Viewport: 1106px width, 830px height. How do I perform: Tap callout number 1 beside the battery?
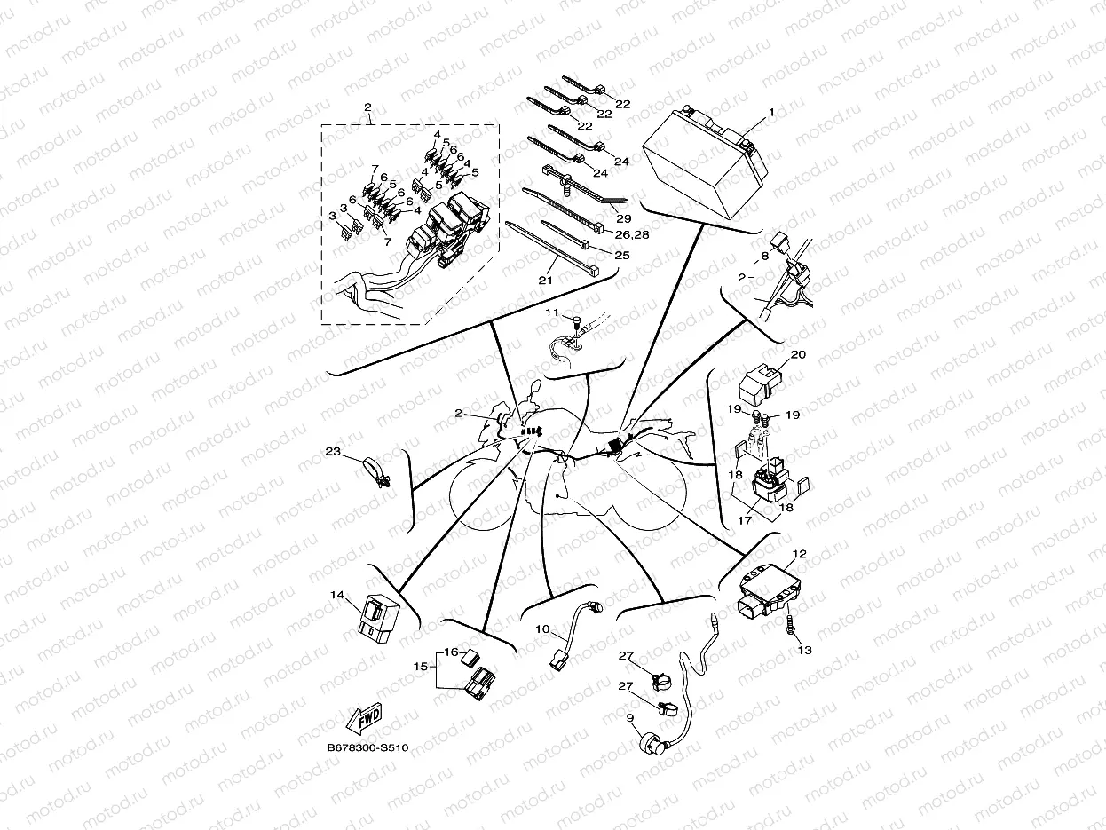[771, 113]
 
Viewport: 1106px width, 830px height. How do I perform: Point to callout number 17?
[745, 520]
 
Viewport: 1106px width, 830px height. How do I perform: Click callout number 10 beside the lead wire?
[541, 628]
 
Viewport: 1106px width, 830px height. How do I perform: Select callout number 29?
[622, 217]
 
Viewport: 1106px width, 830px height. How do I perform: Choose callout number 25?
[622, 256]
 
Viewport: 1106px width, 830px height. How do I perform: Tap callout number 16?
[451, 652]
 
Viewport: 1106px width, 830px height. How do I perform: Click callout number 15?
[420, 665]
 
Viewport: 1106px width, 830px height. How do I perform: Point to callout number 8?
[764, 256]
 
